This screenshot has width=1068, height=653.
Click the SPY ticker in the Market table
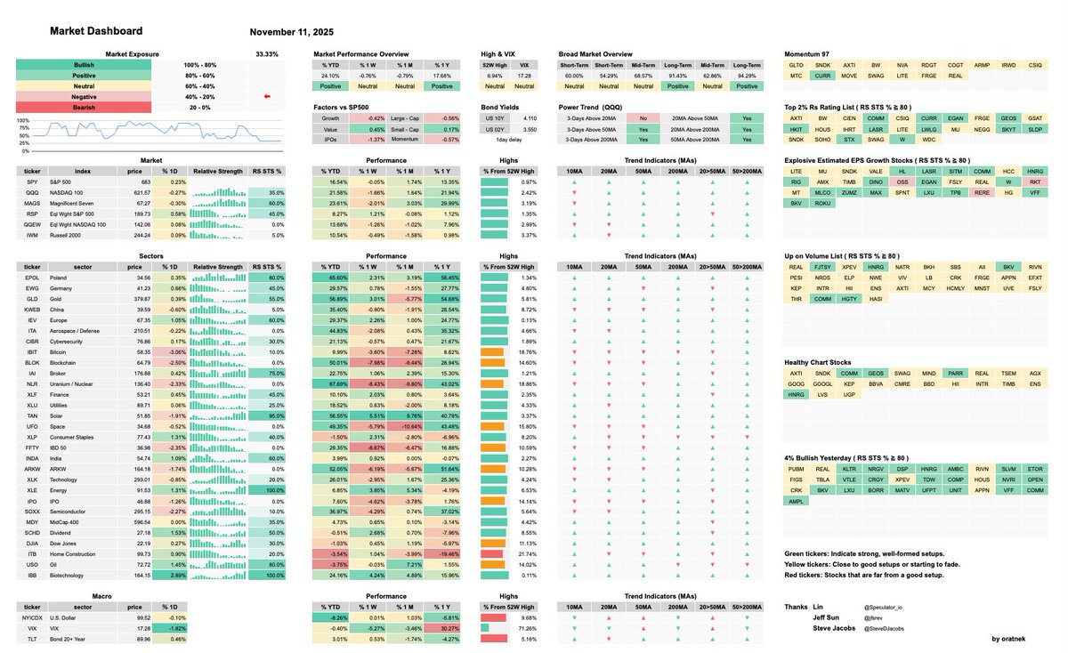coord(31,181)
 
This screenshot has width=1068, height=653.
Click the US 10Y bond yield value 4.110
coord(530,118)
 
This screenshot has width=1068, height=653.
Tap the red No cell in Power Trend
coord(643,117)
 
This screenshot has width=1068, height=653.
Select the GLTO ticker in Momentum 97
coord(797,66)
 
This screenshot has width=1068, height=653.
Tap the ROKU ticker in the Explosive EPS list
coord(823,204)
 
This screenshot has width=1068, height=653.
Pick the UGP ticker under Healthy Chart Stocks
coord(850,394)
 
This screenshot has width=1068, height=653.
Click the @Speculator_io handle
coord(883,608)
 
